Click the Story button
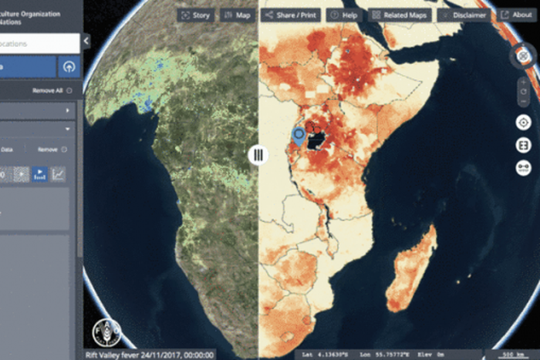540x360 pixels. click(194, 15)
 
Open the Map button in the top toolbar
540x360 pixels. click(237, 15)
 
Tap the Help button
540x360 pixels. click(344, 15)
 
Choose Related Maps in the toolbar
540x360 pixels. click(400, 15)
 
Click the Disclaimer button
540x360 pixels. click(464, 15)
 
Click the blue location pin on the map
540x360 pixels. click(299, 136)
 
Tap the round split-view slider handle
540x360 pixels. click(258, 155)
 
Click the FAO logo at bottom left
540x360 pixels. click(107, 332)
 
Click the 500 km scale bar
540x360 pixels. click(511, 354)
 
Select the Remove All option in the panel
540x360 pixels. click(52, 90)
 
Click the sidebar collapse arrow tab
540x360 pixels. click(86, 41)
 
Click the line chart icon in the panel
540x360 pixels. click(58, 175)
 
